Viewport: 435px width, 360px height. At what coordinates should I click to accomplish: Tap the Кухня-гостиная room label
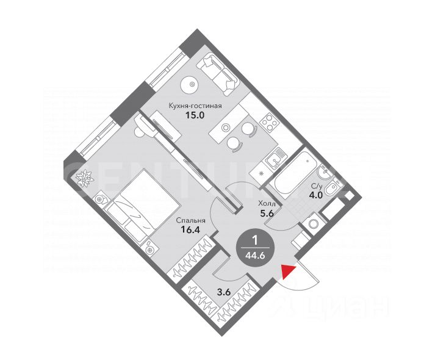tap(195, 105)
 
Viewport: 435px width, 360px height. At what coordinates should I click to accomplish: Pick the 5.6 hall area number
tap(267, 214)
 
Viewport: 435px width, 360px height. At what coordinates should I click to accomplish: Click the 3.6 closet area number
tap(224, 292)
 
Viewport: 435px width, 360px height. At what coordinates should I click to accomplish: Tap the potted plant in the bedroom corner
tap(84, 178)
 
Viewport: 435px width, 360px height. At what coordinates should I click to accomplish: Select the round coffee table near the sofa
tap(192, 84)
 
